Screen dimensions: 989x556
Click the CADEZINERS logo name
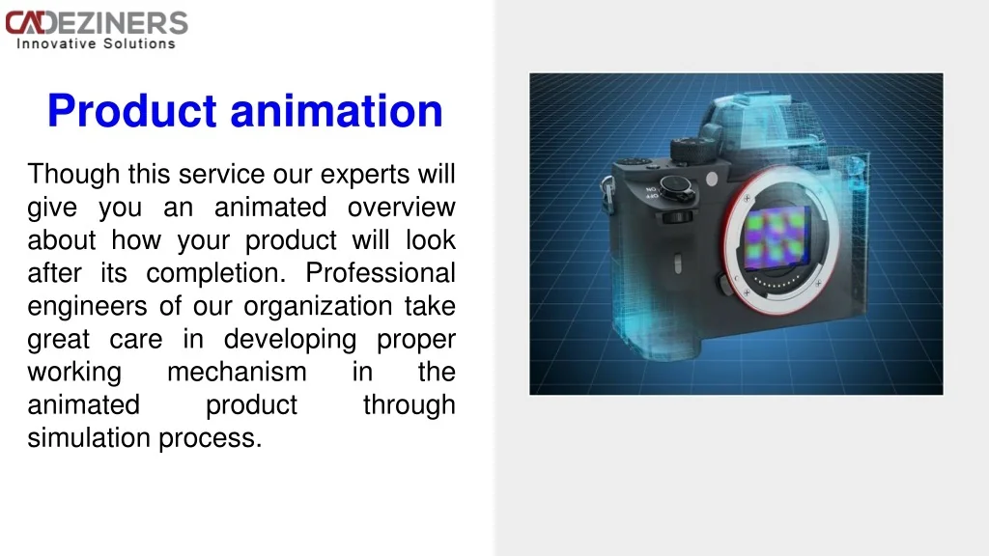pyautogui.click(x=97, y=23)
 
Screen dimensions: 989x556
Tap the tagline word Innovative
pyautogui.click(x=56, y=43)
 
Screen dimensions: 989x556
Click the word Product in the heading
pyautogui.click(x=132, y=111)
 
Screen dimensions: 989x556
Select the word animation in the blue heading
pyautogui.click(x=337, y=111)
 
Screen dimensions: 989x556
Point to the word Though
pyautogui.click(x=73, y=175)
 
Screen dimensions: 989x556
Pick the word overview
pyautogui.click(x=401, y=208)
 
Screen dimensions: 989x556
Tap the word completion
pyautogui.click(x=215, y=274)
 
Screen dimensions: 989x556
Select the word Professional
pyautogui.click(x=381, y=273)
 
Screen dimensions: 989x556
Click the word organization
pyautogui.click(x=318, y=307)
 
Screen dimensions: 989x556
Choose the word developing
pyautogui.click(x=290, y=340)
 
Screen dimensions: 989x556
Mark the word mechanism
pyautogui.click(x=237, y=372)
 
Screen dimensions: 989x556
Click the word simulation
pyautogui.click(x=89, y=437)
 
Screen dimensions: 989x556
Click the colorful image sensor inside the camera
pyautogui.click(x=777, y=237)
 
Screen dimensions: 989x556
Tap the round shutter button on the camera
pyautogui.click(x=675, y=185)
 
